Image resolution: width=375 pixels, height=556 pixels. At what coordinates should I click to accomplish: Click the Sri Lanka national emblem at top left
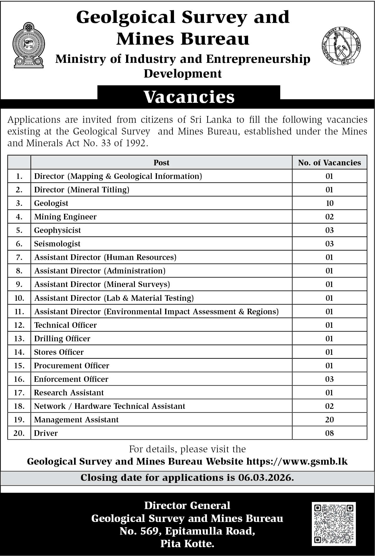click(29, 46)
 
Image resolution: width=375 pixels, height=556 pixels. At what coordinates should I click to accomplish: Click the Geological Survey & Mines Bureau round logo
click(341, 46)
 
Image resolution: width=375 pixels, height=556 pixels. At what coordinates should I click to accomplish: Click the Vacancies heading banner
click(189, 97)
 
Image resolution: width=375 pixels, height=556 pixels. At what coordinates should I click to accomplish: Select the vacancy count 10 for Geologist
click(329, 203)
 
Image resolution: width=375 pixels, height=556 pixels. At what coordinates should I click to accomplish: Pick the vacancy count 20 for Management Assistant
click(329, 419)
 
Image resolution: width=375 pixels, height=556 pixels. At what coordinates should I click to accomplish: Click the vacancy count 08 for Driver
click(329, 433)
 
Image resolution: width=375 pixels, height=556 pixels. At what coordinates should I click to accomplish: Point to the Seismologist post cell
click(57, 244)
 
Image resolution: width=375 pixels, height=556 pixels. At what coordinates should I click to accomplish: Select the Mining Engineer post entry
click(65, 217)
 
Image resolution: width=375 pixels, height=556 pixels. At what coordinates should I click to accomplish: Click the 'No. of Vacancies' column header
click(329, 163)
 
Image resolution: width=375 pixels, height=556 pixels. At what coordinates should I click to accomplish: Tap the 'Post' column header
click(161, 163)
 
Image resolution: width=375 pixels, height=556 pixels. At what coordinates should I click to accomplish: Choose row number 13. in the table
click(19, 338)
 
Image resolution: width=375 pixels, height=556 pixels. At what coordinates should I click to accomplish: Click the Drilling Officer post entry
click(62, 338)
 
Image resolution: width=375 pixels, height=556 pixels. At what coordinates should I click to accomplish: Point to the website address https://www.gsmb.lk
click(297, 461)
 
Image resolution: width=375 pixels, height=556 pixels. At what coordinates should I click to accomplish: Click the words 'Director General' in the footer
click(187, 505)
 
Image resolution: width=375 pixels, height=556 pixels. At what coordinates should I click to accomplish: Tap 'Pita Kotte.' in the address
click(187, 544)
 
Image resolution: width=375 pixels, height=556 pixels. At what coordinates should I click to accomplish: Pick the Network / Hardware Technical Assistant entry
click(110, 406)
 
